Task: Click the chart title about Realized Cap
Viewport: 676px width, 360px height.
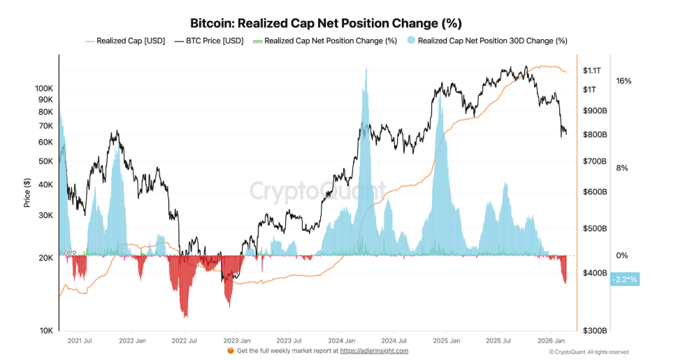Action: point(326,24)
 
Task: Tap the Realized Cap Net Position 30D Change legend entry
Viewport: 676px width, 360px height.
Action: point(492,41)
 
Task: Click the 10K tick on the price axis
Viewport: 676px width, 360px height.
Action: point(45,331)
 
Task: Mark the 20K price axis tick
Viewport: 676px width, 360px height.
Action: point(45,258)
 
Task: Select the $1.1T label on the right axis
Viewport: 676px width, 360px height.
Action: point(592,71)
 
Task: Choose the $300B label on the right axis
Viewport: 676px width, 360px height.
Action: point(594,331)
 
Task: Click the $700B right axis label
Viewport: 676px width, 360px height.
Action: point(594,161)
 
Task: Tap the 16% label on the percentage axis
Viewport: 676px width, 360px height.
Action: point(624,81)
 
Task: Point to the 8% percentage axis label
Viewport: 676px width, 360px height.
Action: point(621,168)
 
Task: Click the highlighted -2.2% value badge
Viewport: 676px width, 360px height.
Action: point(624,280)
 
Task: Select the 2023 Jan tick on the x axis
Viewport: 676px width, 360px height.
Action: point(236,340)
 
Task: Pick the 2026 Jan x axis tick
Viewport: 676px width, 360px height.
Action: point(550,340)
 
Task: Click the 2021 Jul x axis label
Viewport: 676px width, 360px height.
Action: point(79,340)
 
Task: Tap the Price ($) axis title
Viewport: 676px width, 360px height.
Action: point(27,192)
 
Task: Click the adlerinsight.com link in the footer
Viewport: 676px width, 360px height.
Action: point(374,351)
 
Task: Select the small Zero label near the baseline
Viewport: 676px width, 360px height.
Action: point(69,252)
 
